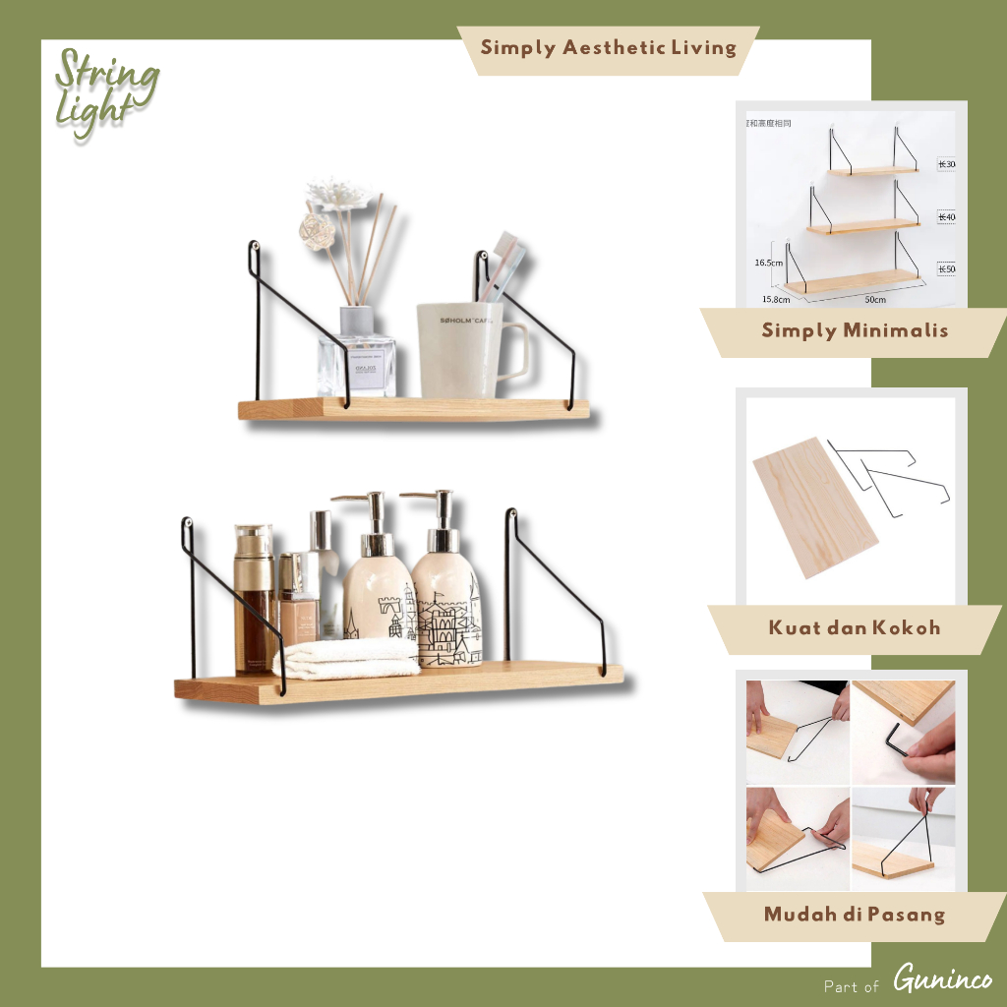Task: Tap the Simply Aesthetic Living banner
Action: coord(608,48)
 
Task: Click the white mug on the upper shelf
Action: coord(462,350)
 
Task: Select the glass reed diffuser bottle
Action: coord(356,356)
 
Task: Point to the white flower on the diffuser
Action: coord(338,193)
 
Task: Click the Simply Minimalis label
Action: coord(854,330)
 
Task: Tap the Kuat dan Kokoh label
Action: coord(854,627)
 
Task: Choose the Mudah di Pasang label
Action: coord(854,915)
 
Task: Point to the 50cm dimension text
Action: coord(874,299)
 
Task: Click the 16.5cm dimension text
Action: coord(767,263)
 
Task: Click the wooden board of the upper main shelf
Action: coord(413,409)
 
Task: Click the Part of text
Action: coord(851,985)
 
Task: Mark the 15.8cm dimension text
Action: coord(776,298)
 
